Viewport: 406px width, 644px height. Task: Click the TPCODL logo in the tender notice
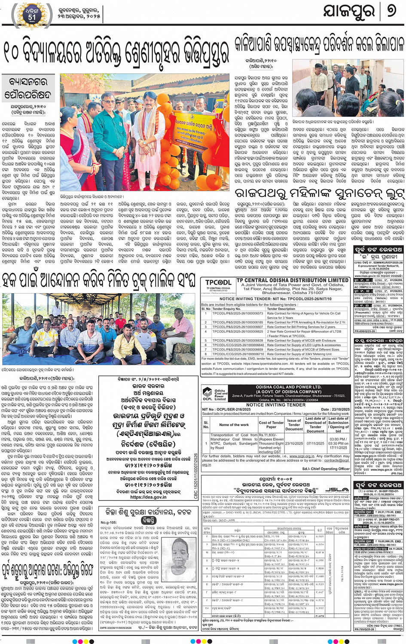(218, 285)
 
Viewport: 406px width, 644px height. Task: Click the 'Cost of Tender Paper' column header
(271, 425)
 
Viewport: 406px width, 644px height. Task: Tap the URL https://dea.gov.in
(148, 497)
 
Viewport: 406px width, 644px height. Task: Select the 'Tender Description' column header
(281, 309)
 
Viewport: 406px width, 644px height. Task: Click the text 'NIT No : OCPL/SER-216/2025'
(226, 409)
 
